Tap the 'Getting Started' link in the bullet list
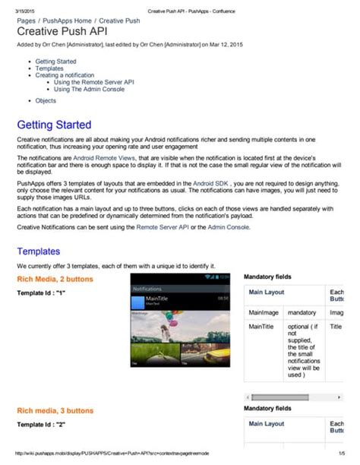(x=55, y=61)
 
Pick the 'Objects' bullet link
(x=46, y=100)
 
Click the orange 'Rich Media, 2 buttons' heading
(x=55, y=280)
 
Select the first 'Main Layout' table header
(x=267, y=293)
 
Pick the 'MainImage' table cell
(x=264, y=312)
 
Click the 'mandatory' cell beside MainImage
(x=302, y=312)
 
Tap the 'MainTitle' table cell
(x=262, y=327)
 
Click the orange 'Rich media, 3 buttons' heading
(x=55, y=410)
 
